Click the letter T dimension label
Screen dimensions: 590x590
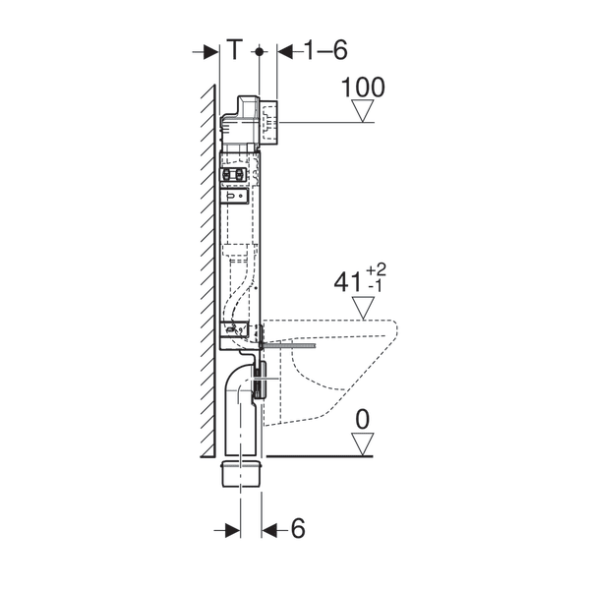coord(234,49)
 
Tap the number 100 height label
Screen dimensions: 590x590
coord(363,88)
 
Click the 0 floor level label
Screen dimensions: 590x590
coord(363,420)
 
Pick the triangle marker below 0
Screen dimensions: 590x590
coord(364,444)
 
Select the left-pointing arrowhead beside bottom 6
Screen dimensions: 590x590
coord(270,529)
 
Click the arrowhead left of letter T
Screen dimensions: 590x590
coord(210,50)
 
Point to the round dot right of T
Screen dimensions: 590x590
coord(260,50)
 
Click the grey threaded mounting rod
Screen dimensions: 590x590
coord(291,345)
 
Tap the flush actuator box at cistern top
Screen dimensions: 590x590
coord(267,121)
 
